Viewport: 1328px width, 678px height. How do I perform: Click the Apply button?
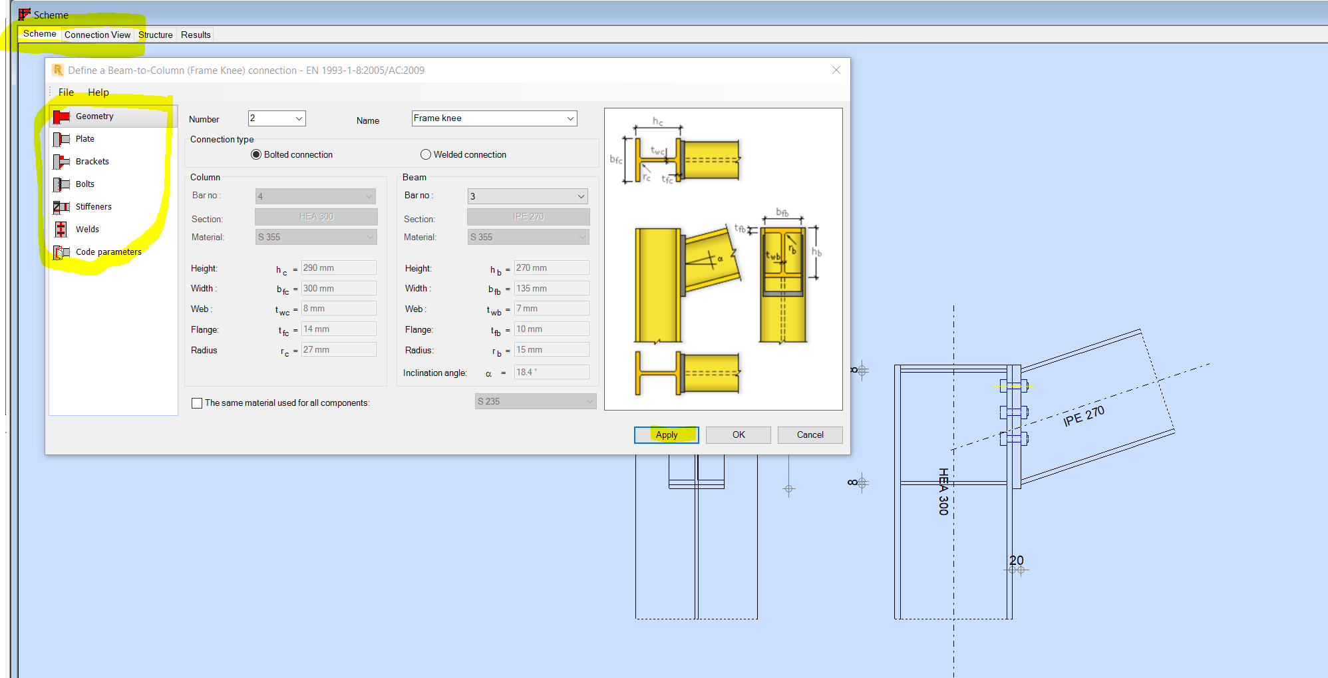click(666, 434)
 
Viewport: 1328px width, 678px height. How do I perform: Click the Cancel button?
click(810, 434)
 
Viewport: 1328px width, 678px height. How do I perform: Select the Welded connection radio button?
click(426, 154)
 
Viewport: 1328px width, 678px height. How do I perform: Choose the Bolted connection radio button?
click(256, 154)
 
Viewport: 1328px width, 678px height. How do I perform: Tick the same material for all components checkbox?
click(197, 403)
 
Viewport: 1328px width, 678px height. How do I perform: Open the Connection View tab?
click(97, 35)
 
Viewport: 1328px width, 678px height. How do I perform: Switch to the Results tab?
click(196, 35)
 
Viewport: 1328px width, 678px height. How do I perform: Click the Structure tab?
click(156, 35)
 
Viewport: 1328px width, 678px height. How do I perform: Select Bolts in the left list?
click(85, 184)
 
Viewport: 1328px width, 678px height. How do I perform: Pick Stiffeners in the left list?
click(93, 207)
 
